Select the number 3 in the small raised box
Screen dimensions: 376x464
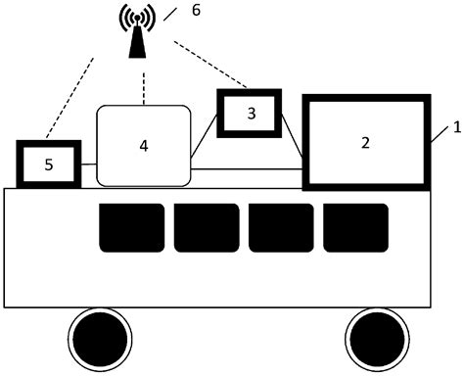pyautogui.click(x=251, y=115)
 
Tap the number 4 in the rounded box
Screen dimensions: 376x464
pyautogui.click(x=144, y=146)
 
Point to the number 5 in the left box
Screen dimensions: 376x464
pyautogui.click(x=49, y=164)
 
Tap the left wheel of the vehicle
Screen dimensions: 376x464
pyautogui.click(x=98, y=339)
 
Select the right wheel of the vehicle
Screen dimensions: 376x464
pyautogui.click(x=375, y=339)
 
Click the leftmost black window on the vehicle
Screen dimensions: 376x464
pyautogui.click(x=131, y=227)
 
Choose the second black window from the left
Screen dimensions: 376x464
pyautogui.click(x=207, y=227)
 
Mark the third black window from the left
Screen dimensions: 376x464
pyautogui.click(x=281, y=227)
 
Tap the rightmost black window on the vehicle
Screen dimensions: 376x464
pyautogui.click(x=355, y=227)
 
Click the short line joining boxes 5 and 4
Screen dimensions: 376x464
pyautogui.click(x=88, y=165)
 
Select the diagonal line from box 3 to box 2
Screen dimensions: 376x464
pyautogui.click(x=292, y=136)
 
